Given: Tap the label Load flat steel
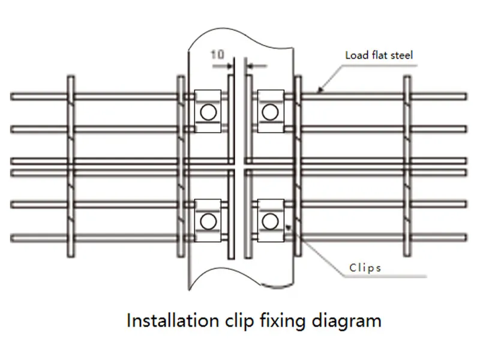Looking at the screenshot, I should pyautogui.click(x=379, y=55).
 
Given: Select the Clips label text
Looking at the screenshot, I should pyautogui.click(x=365, y=268).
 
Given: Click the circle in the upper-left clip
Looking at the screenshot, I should pyautogui.click(x=208, y=112).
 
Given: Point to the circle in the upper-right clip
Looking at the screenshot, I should pyautogui.click(x=269, y=112).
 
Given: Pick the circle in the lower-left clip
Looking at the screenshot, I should pyautogui.click(x=208, y=221).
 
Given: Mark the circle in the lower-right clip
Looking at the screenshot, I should pyautogui.click(x=269, y=221).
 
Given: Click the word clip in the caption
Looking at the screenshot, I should pyautogui.click(x=239, y=321).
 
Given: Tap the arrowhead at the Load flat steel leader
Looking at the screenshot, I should pyautogui.click(x=320, y=91).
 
